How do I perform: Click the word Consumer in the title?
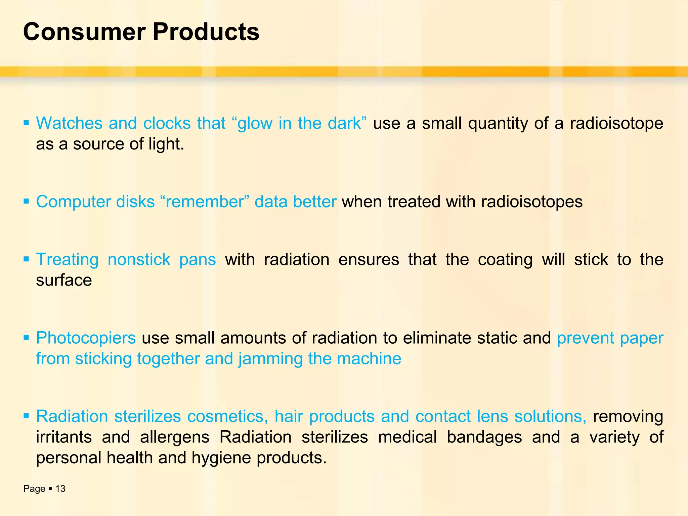(x=84, y=32)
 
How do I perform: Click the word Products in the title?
(x=206, y=32)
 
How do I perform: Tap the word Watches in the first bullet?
(x=69, y=123)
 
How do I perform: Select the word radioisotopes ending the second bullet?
(x=532, y=202)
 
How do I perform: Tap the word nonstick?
(x=139, y=259)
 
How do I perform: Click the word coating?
(x=505, y=259)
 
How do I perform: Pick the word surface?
(x=64, y=280)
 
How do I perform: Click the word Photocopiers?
(x=86, y=338)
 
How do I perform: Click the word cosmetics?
(x=227, y=417)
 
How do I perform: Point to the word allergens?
(x=175, y=437)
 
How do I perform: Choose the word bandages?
(x=484, y=437)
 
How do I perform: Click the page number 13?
(x=60, y=489)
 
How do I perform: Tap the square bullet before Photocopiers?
(x=26, y=337)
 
